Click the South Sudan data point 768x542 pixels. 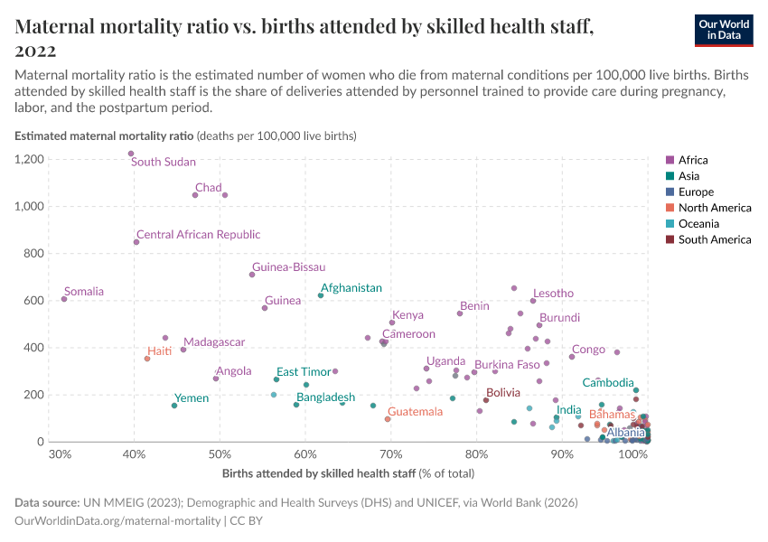tap(131, 154)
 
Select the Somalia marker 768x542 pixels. tap(64, 299)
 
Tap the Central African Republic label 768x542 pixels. tap(198, 235)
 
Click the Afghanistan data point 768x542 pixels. tap(321, 295)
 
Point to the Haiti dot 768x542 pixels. tap(147, 359)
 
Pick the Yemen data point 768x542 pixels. tap(174, 406)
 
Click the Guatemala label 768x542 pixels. tap(415, 412)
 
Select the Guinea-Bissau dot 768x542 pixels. tap(252, 275)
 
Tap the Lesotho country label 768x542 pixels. tap(553, 294)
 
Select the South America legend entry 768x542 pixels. tap(714, 240)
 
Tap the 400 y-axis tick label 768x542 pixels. tap(33, 348)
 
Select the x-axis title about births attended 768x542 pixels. tap(348, 473)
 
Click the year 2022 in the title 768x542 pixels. tap(35, 51)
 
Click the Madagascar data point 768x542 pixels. tap(183, 350)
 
